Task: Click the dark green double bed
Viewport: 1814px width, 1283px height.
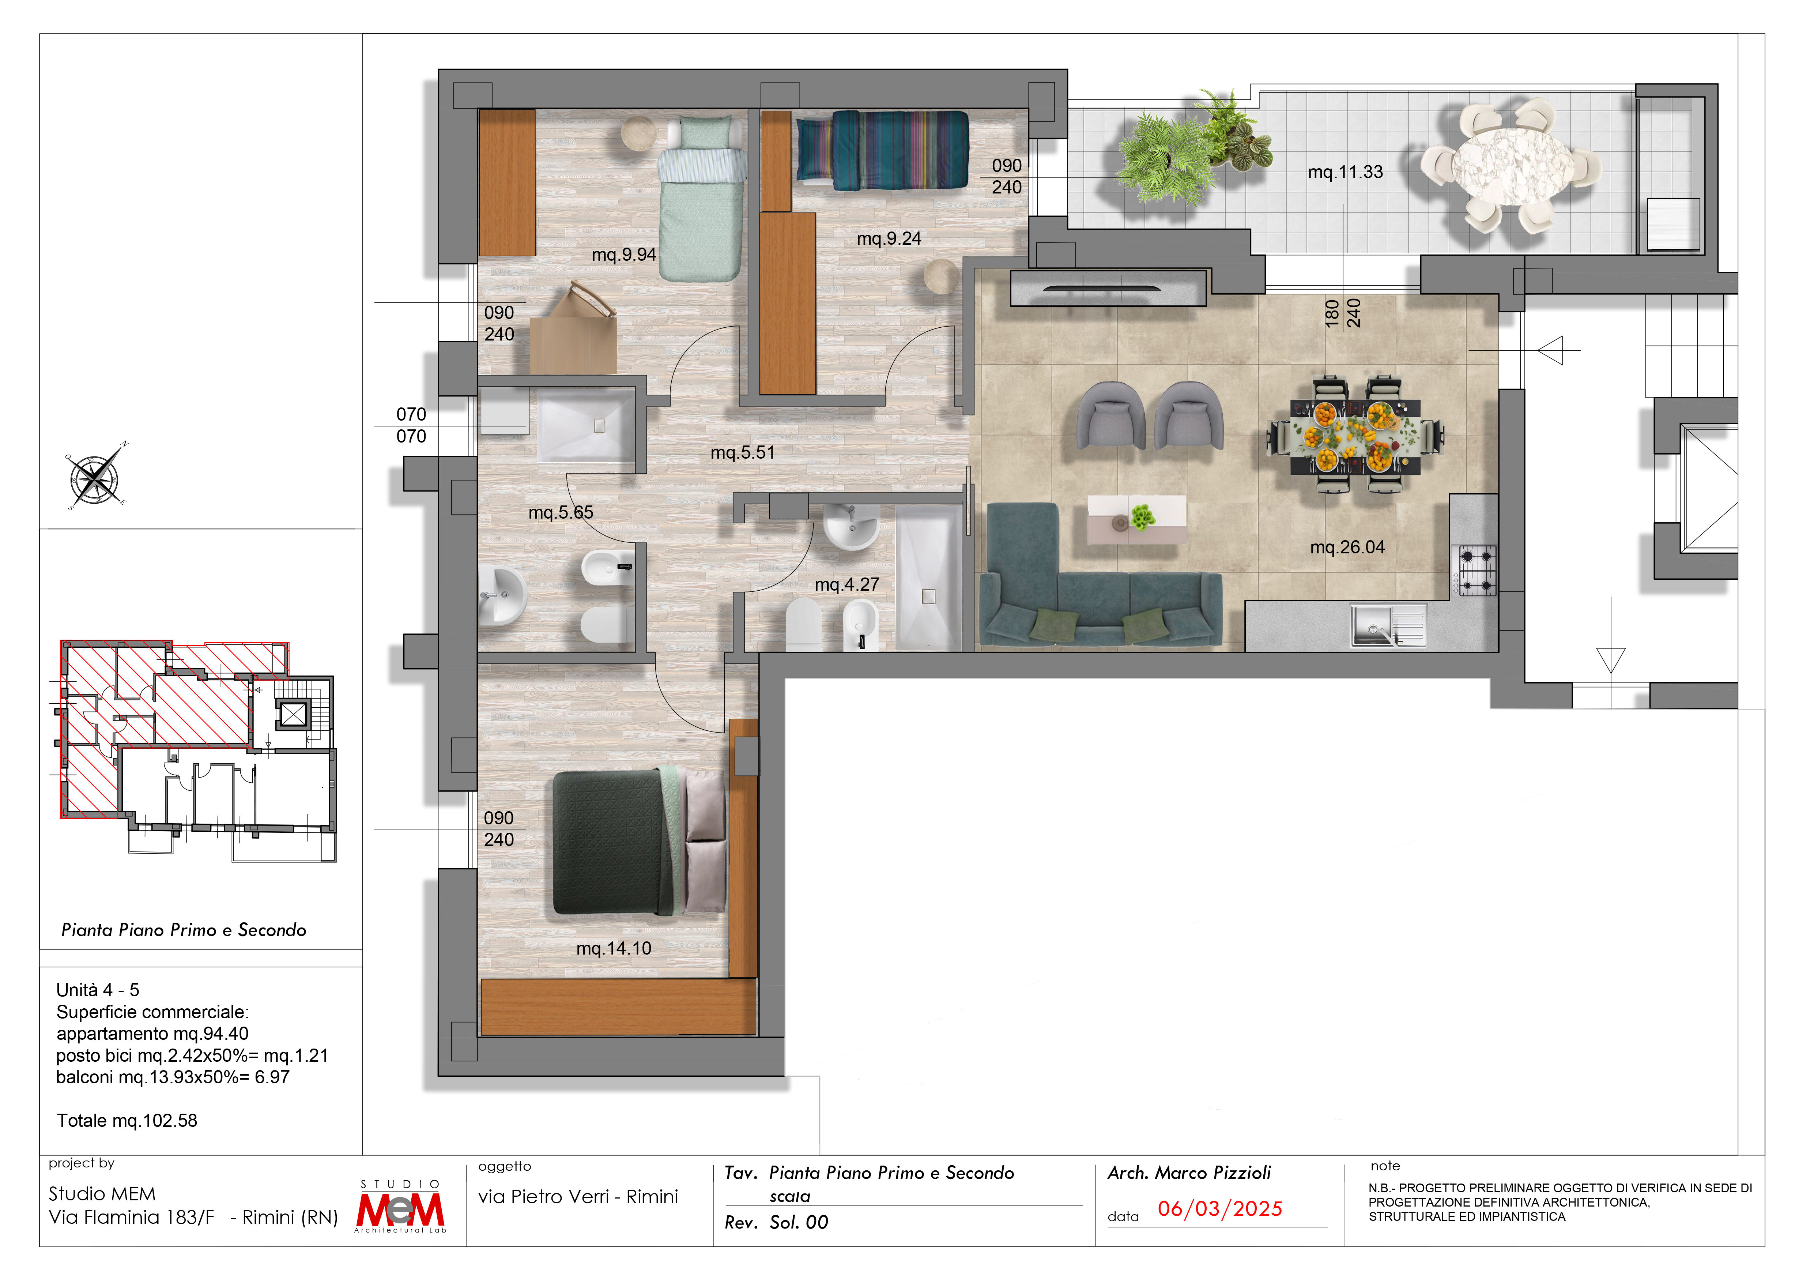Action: tap(638, 840)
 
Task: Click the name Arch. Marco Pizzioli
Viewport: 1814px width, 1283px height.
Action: tap(1189, 1173)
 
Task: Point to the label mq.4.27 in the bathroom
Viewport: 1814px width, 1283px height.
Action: tap(847, 584)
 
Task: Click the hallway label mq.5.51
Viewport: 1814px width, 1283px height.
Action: tap(743, 453)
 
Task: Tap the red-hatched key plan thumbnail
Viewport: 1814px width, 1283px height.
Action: tap(197, 750)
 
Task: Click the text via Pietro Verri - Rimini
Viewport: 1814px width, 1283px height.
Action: tap(577, 1197)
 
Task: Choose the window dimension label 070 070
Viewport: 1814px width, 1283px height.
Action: tap(411, 425)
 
